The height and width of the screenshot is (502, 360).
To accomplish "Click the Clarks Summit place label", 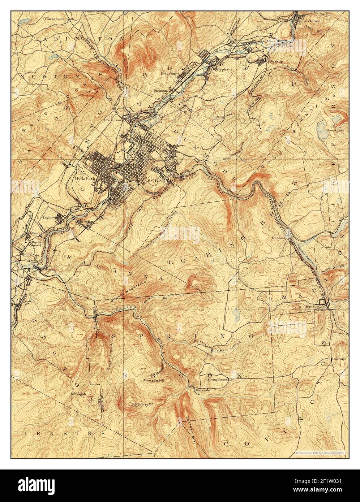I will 56,19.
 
